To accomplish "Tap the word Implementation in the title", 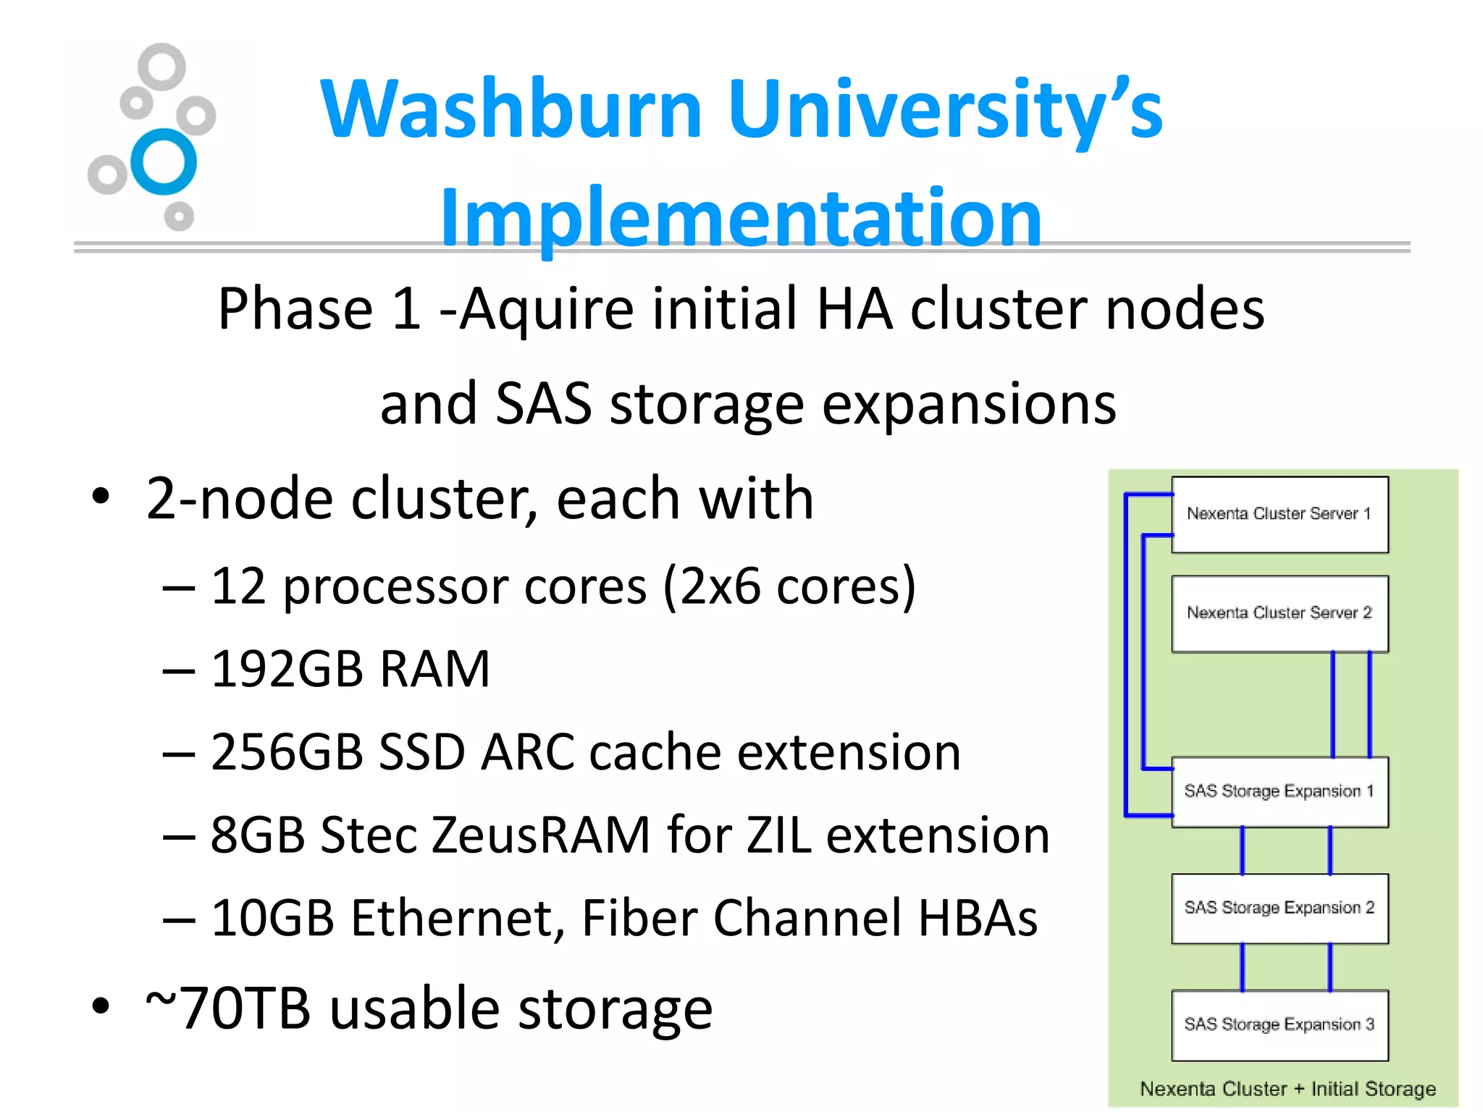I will coord(740,217).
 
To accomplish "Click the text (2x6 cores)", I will coord(789,586).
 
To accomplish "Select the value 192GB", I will coord(286,668).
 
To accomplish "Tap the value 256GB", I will coord(286,751).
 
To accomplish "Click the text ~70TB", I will coord(227,1008).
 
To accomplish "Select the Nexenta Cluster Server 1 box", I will coord(1280,514).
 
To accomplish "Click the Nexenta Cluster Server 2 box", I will coord(1280,613).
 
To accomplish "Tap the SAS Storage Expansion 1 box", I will coord(1280,791).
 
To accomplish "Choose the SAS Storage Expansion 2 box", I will coord(1280,908).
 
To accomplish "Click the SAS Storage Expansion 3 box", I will coord(1280,1024).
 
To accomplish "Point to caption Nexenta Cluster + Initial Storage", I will coord(1287,1089).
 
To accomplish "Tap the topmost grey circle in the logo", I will coord(161,67).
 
